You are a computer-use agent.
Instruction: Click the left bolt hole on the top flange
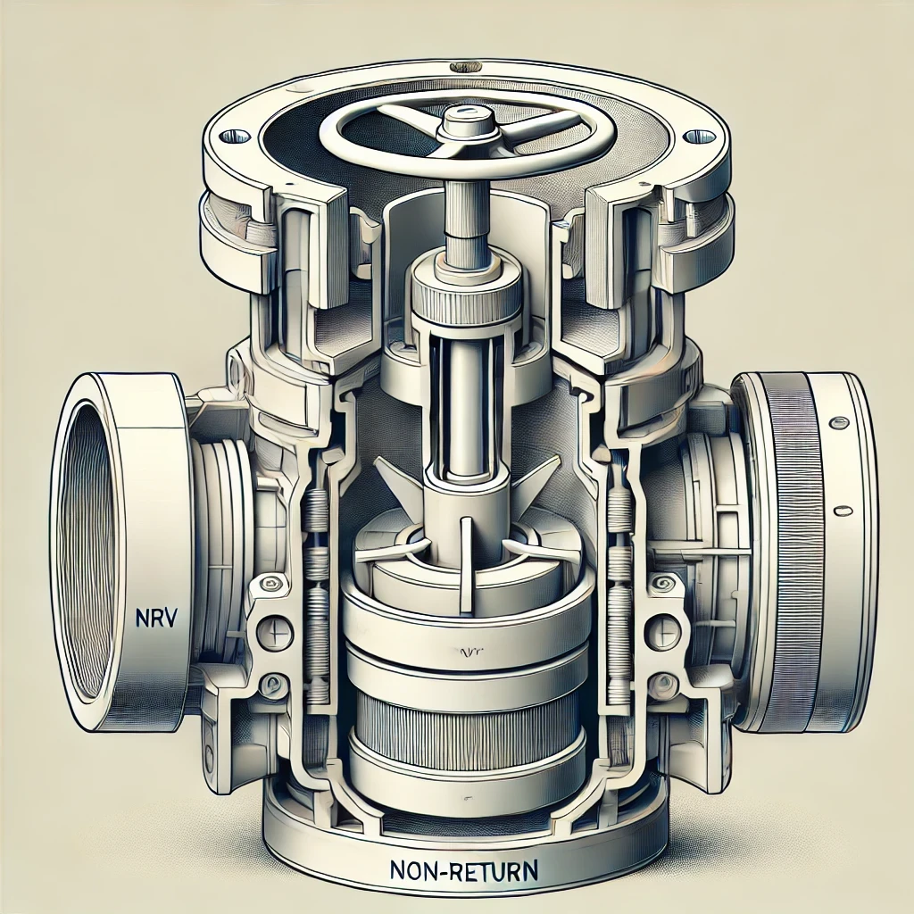point(234,136)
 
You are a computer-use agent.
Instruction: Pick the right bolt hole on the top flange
point(699,137)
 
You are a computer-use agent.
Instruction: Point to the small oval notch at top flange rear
point(464,65)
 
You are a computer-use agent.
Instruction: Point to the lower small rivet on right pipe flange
point(840,511)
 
